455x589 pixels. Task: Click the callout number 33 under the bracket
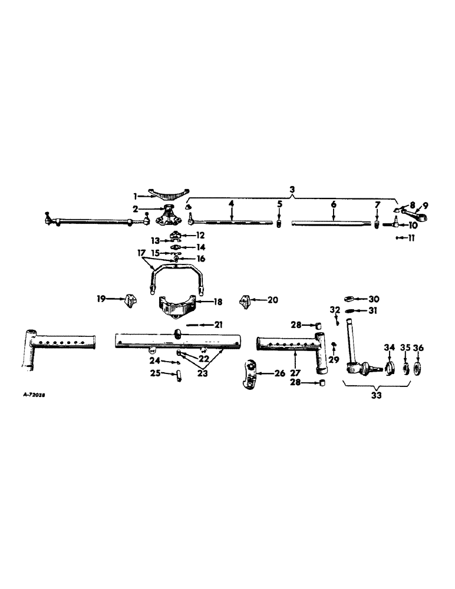[377, 395]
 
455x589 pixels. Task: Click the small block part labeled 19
[127, 302]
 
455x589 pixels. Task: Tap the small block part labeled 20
[245, 302]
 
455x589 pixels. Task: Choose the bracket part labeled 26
[252, 375]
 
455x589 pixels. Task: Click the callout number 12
[200, 234]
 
